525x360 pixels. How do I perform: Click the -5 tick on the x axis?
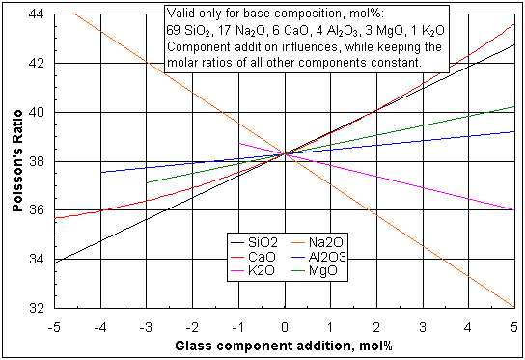[x=55, y=323]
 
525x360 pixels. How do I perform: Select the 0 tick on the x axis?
[x=285, y=323]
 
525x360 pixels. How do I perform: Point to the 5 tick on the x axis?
[x=513, y=323]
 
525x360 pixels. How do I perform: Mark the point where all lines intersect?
[x=285, y=152]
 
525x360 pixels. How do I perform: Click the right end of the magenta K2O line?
[x=513, y=209]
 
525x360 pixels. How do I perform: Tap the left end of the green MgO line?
[x=147, y=181]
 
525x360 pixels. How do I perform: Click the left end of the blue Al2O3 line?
[x=101, y=172]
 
